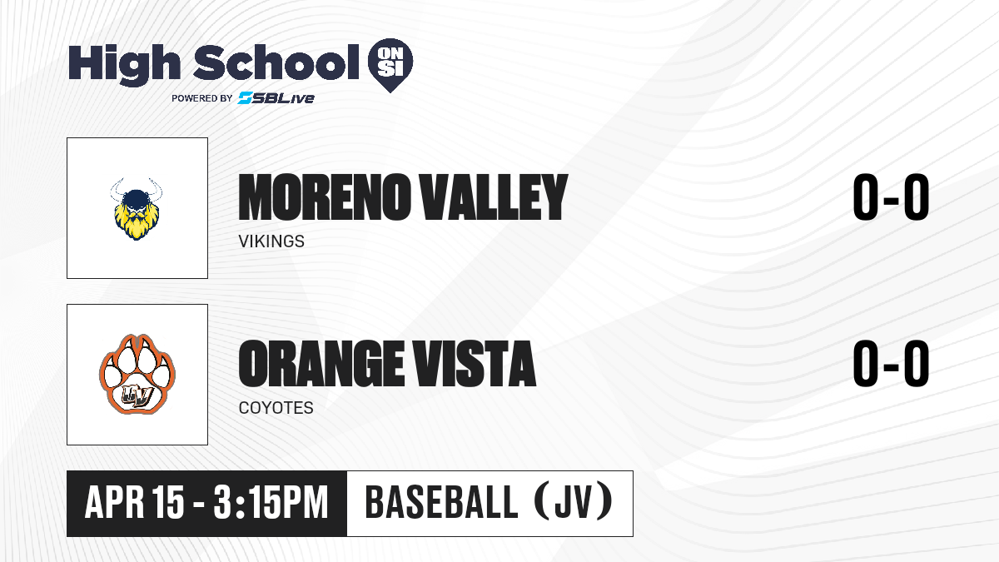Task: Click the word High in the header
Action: tap(124, 64)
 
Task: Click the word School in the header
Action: tap(276, 62)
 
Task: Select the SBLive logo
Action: tap(276, 98)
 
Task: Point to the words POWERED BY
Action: tap(202, 98)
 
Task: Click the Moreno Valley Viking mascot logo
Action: tap(137, 209)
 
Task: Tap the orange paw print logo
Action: tap(137, 374)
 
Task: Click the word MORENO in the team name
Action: tap(324, 197)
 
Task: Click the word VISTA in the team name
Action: tap(473, 364)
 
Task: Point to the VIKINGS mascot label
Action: tap(271, 241)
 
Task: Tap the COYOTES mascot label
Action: tap(276, 408)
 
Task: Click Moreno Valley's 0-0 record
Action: tap(891, 196)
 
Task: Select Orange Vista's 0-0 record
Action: tap(891, 363)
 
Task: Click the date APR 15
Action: tap(134, 503)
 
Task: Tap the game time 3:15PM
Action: tap(271, 503)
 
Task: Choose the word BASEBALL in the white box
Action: tap(441, 503)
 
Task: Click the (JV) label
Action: tap(574, 502)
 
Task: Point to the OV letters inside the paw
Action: tap(137, 395)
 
